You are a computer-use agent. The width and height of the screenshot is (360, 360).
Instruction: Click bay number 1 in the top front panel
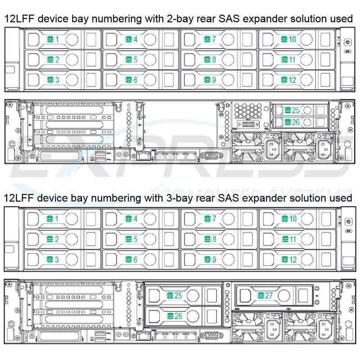tap(54, 40)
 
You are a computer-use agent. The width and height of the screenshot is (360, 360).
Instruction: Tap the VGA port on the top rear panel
tap(209, 155)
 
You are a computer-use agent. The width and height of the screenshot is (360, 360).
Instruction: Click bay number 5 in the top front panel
tap(132, 60)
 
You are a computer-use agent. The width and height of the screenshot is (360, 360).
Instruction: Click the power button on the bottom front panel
tap(346, 222)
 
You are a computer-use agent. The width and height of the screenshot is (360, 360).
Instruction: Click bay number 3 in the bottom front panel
tap(54, 260)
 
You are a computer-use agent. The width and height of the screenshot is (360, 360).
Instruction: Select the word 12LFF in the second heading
tap(18, 198)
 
